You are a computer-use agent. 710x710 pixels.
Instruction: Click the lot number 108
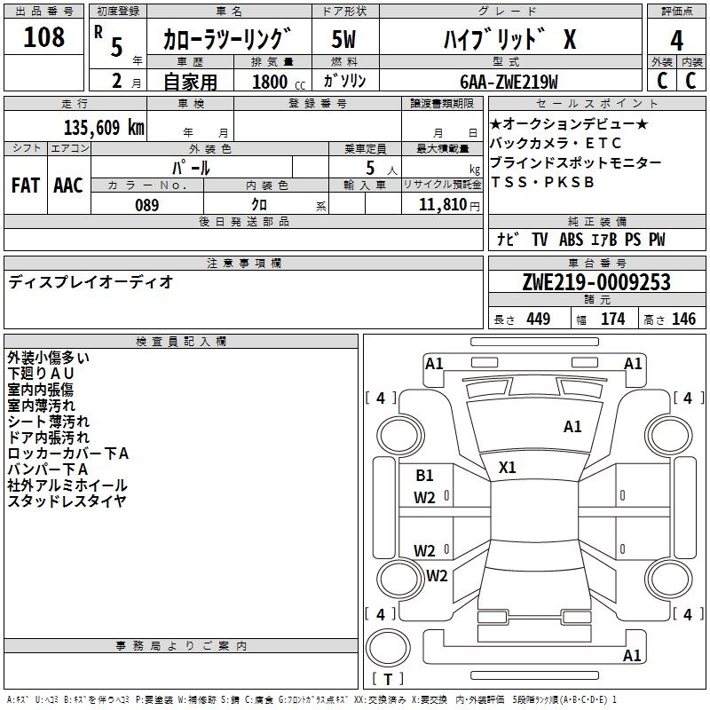click(x=43, y=36)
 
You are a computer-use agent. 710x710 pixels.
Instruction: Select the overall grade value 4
click(x=676, y=40)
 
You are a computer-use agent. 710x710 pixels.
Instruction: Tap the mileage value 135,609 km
click(x=104, y=128)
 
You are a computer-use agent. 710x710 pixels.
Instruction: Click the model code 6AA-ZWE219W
click(x=509, y=82)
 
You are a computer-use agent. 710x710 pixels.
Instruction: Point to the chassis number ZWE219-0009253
click(x=596, y=282)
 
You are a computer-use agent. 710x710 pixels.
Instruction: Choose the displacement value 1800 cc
click(x=279, y=82)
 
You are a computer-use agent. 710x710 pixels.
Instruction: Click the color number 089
click(x=147, y=205)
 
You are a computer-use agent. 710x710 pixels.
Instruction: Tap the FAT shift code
click(x=26, y=185)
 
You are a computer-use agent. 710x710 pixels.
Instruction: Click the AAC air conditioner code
click(x=68, y=185)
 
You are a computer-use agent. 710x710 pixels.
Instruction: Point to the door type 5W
click(x=343, y=39)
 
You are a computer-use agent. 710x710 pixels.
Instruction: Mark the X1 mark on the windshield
click(x=507, y=468)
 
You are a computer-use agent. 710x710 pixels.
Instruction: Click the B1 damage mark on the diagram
click(x=424, y=475)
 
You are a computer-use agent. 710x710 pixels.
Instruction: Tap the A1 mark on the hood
click(x=572, y=427)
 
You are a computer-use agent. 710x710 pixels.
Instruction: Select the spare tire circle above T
click(x=388, y=648)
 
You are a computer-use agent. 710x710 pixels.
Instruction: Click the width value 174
click(x=612, y=319)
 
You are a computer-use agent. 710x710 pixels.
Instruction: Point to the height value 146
click(x=683, y=319)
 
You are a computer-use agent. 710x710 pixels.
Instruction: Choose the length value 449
click(x=539, y=319)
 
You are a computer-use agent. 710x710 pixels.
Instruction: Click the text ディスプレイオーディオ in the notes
click(x=91, y=282)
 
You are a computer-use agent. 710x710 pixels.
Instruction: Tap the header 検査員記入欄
click(x=181, y=342)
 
